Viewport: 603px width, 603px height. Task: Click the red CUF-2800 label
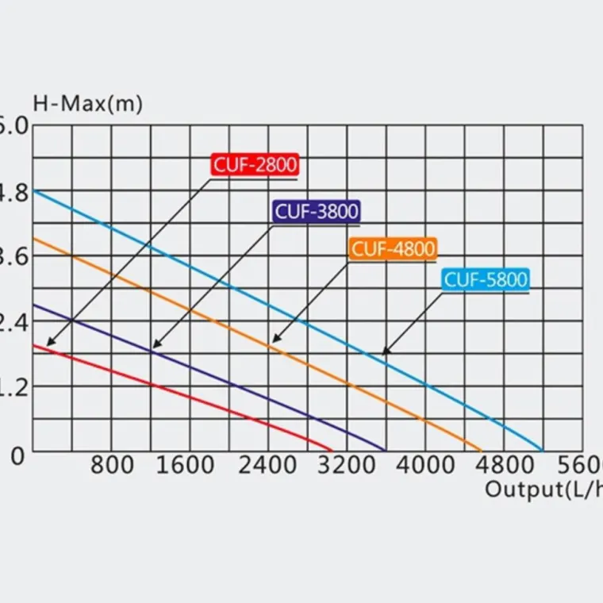pyautogui.click(x=254, y=165)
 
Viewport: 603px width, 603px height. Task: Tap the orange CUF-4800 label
pyautogui.click(x=394, y=249)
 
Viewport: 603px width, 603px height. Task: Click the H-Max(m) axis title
pyautogui.click(x=87, y=104)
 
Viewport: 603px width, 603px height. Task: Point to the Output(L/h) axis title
pyautogui.click(x=543, y=488)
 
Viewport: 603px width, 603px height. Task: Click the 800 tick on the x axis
pyautogui.click(x=112, y=465)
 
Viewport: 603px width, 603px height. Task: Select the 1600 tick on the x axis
pyautogui.click(x=185, y=465)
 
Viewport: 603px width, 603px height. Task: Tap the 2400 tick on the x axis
pyautogui.click(x=268, y=465)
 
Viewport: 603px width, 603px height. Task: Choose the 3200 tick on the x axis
pyautogui.click(x=348, y=465)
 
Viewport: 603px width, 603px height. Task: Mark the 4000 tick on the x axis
pyautogui.click(x=426, y=465)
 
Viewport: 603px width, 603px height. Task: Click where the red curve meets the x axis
pyautogui.click(x=332, y=451)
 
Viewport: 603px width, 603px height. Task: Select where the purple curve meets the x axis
pyautogui.click(x=386, y=451)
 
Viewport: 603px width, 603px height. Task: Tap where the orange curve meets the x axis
pyautogui.click(x=482, y=451)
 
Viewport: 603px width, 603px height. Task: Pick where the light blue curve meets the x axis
pyautogui.click(x=544, y=451)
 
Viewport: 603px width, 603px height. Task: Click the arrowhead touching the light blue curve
pyautogui.click(x=384, y=353)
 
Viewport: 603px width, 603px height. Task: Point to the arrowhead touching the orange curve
pyautogui.click(x=275, y=340)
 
